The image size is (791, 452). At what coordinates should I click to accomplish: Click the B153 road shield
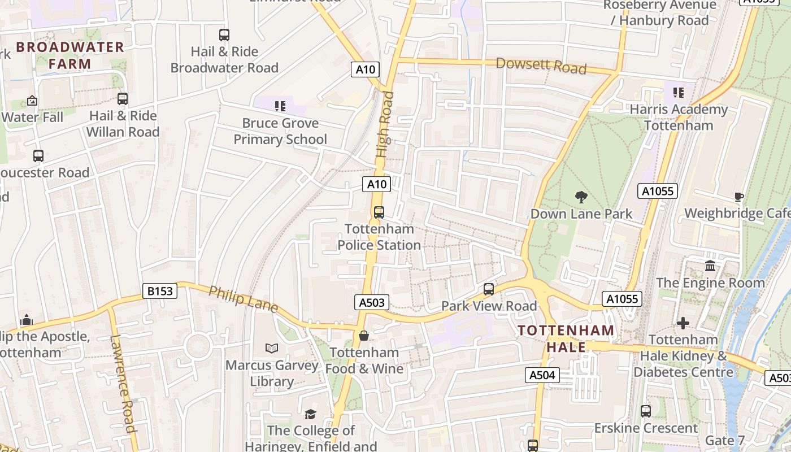160,291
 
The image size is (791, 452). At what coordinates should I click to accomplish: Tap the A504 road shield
542,375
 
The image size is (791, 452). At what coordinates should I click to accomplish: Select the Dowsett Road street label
541,65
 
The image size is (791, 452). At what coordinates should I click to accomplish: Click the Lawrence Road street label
123,384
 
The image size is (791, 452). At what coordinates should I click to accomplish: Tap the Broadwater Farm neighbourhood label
70,55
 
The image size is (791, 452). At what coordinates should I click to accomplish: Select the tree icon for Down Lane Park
581,197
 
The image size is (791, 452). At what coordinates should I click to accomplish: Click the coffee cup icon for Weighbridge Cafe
738,197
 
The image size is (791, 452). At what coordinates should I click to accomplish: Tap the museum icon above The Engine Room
710,266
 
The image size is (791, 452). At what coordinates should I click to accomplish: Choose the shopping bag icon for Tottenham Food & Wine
364,336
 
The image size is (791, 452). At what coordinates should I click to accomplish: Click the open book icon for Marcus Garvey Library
272,349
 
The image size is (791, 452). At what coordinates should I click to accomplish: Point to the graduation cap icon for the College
310,415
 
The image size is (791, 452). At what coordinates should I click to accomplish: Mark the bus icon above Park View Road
489,289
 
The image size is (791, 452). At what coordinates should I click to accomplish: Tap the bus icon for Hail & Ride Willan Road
123,99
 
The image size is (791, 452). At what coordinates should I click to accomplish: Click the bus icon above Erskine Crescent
646,411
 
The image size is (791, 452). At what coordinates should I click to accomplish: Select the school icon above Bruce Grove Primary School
280,106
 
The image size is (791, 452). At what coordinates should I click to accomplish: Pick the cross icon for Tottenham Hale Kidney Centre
683,323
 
